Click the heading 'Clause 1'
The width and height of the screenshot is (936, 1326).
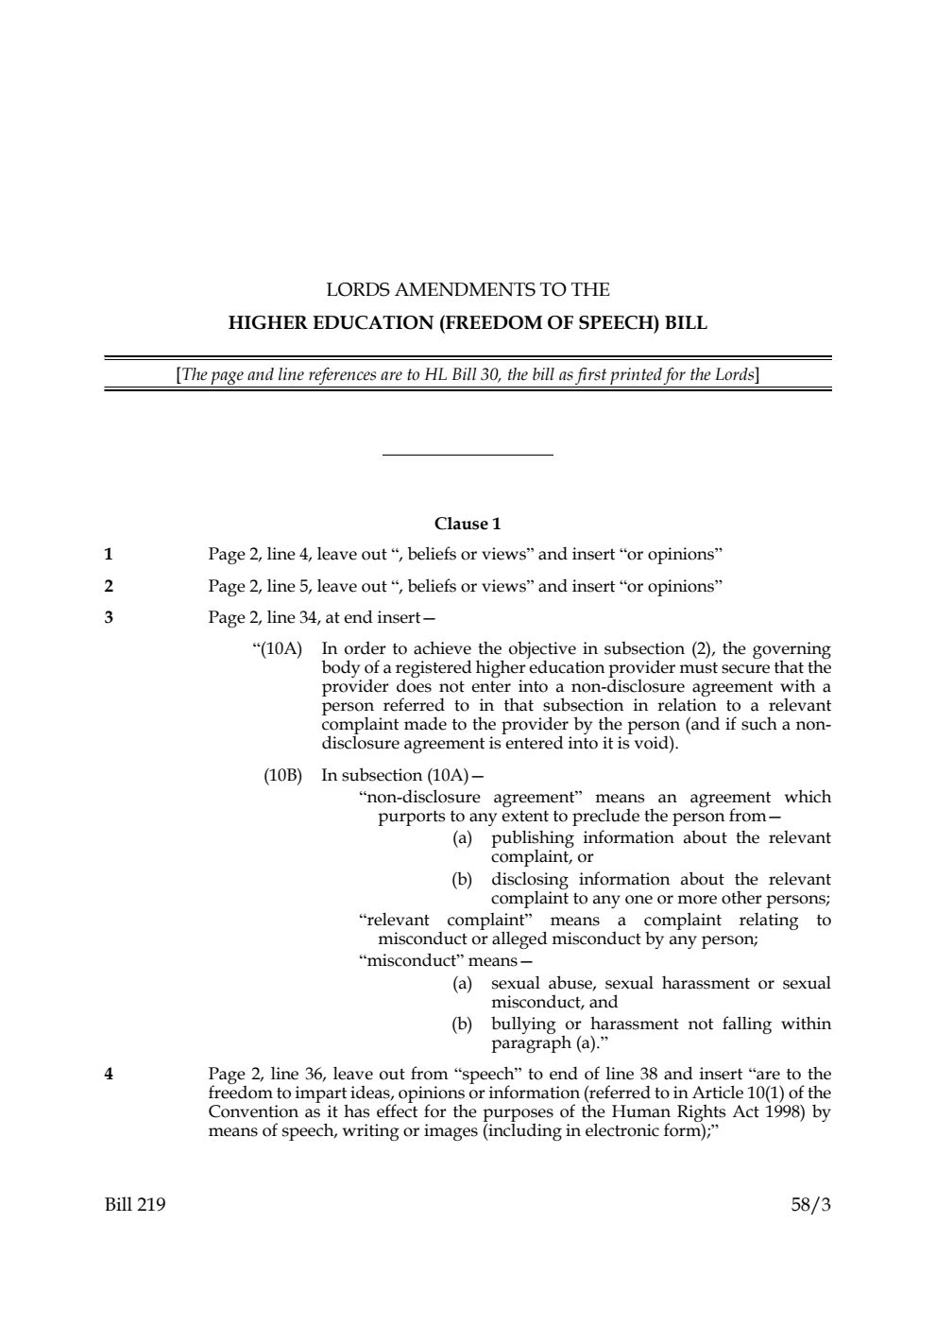(x=468, y=524)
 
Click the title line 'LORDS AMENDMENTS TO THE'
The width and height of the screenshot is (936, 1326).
(x=468, y=289)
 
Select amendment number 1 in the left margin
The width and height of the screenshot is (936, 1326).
(x=109, y=554)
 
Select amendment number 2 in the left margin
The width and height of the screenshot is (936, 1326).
(x=109, y=586)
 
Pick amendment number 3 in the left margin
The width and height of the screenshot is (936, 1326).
(x=109, y=618)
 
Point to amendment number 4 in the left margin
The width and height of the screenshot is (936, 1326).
(x=109, y=1074)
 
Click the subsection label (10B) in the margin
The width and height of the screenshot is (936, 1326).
(x=282, y=776)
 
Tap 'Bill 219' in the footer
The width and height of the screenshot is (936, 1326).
(x=134, y=1205)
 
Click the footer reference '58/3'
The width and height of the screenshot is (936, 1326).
(x=810, y=1205)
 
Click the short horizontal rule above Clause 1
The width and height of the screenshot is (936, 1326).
(x=468, y=456)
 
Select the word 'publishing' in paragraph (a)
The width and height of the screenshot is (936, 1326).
(x=532, y=838)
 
